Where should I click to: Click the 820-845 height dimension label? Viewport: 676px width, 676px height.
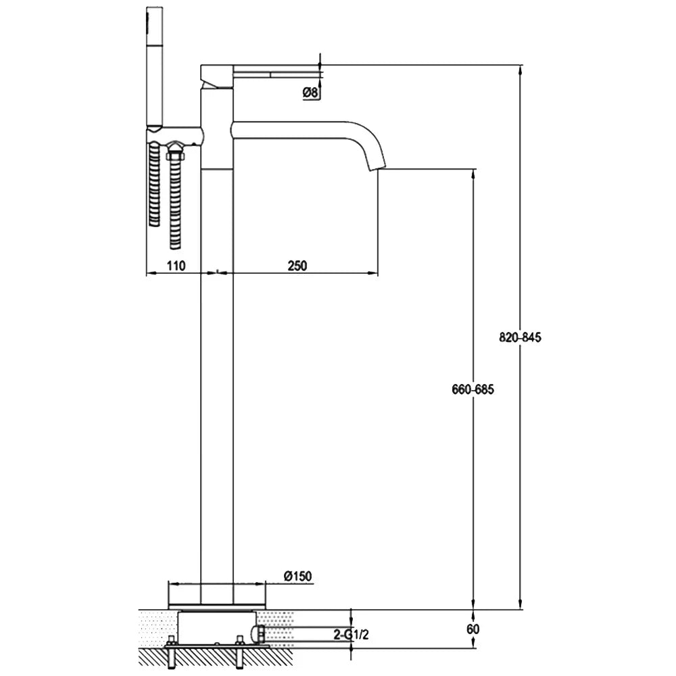pos(520,337)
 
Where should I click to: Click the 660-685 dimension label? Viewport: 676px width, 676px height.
pos(473,389)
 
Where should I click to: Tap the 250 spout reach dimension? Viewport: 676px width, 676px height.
pos(297,266)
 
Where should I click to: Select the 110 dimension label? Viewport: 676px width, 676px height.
pos(176,266)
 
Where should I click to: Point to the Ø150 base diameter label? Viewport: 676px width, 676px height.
pos(298,576)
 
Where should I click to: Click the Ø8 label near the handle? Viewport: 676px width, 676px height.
pos(310,92)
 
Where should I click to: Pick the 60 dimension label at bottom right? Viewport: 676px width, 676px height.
pos(473,629)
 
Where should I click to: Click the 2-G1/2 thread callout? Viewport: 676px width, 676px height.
pos(352,634)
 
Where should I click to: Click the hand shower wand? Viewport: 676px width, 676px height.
pos(154,67)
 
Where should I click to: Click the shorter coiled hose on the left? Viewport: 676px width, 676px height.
pos(154,184)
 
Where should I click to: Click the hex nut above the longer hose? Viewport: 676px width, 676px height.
pos(175,153)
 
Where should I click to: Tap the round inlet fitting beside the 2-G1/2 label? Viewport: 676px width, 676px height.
pos(258,634)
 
